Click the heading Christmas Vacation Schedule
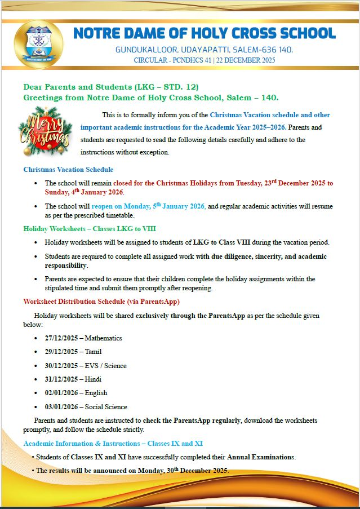coord(68,169)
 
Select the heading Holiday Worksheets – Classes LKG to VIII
coord(90,228)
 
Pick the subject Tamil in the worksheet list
coord(93,352)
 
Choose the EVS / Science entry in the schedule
coord(105,365)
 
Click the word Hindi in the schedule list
coord(93,379)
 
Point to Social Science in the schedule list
coord(106,406)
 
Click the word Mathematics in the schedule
coord(103,338)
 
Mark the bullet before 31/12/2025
coord(37,379)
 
